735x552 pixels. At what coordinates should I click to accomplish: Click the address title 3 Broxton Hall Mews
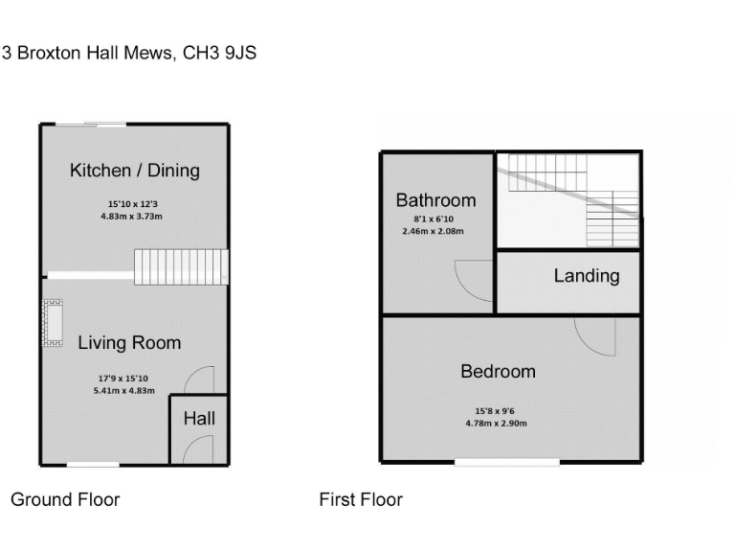[129, 54]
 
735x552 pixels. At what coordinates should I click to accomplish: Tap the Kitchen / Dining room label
[135, 171]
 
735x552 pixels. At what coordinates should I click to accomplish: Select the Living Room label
[129, 342]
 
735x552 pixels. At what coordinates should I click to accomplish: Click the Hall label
[199, 418]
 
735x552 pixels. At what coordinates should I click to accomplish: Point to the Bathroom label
[435, 200]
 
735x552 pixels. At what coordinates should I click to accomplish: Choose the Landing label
[587, 276]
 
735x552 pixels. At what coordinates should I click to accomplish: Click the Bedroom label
[498, 371]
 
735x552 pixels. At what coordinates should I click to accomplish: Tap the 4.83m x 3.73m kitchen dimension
[133, 217]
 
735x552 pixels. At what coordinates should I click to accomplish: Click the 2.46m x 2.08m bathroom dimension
[433, 231]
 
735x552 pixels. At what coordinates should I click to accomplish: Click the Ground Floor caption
[65, 499]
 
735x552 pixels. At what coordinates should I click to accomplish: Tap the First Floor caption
[361, 499]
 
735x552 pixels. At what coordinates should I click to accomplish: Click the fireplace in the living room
[52, 323]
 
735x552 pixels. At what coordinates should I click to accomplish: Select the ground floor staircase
[181, 266]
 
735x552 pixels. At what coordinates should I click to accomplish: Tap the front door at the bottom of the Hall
[198, 449]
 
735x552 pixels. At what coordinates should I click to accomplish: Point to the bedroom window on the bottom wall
[507, 463]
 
